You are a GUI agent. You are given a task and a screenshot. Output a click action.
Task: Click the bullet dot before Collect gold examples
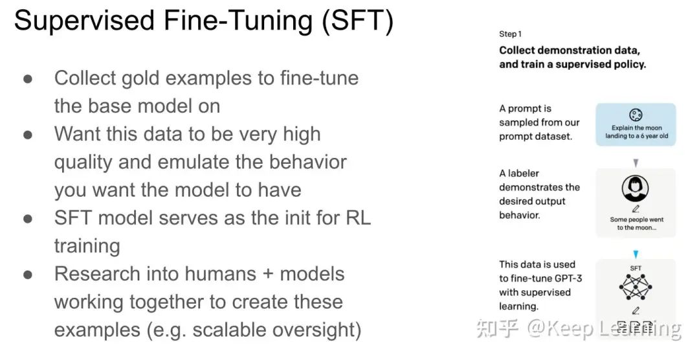pos(28,79)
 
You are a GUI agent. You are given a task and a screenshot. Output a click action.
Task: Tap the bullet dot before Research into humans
pos(28,275)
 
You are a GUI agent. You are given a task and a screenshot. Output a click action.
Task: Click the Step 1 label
pos(510,34)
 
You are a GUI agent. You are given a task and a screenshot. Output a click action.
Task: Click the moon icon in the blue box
pos(636,115)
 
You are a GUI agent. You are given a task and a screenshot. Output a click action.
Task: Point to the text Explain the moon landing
pos(636,132)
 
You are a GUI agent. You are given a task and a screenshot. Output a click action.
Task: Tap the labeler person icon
pos(635,188)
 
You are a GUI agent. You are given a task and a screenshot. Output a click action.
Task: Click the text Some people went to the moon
pos(636,223)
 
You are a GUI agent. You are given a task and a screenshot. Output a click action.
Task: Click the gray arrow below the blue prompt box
pos(636,163)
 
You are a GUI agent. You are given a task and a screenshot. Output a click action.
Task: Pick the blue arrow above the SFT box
pos(636,254)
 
